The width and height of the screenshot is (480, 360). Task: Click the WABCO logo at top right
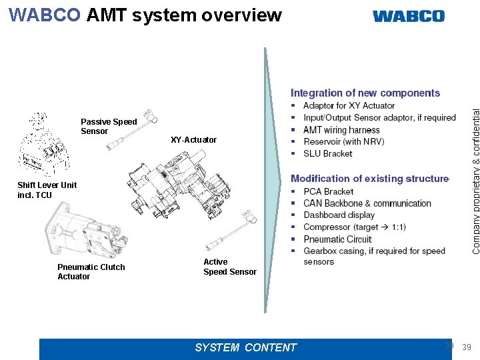[408, 16]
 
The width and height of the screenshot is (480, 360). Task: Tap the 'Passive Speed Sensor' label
[108, 127]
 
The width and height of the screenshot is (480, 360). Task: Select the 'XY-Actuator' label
[193, 140]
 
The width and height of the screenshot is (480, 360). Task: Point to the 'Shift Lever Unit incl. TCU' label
[47, 190]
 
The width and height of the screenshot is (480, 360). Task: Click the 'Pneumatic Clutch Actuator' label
[91, 272]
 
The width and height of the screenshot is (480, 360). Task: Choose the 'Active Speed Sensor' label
[229, 267]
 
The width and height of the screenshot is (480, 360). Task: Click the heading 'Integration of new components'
[365, 93]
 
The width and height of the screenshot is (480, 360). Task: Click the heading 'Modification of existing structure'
[370, 179]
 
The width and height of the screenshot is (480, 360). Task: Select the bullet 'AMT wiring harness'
[341, 130]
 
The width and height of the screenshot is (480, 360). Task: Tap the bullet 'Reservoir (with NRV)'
[343, 141]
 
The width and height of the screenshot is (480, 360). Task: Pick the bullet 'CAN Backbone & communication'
[367, 203]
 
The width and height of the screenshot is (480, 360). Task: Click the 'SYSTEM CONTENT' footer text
[245, 347]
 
